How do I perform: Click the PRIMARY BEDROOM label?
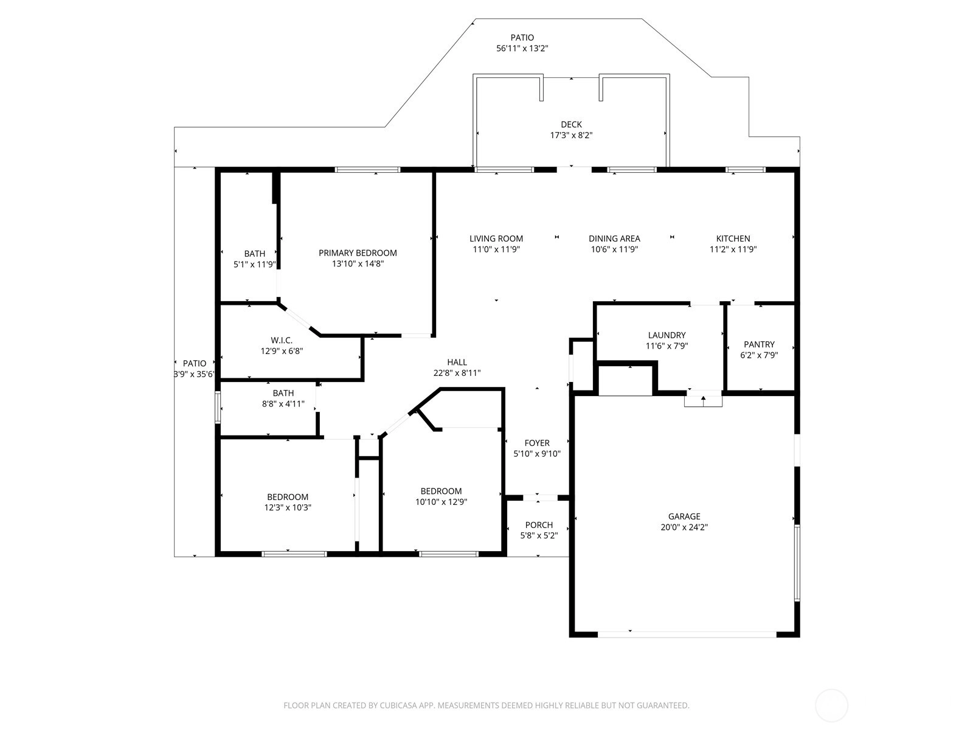358,253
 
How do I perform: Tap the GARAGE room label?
684,516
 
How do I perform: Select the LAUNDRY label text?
667,335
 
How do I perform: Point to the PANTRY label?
759,344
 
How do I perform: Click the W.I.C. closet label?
282,341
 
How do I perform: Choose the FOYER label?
537,443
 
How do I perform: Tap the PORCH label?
539,525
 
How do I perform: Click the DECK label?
571,125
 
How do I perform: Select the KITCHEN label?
733,238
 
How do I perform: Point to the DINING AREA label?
614,238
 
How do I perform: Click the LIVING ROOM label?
496,238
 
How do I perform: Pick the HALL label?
457,362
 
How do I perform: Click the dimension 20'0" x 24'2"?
684,527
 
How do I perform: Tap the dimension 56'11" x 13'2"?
522,48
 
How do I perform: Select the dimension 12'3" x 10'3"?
287,507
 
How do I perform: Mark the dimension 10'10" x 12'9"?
441,502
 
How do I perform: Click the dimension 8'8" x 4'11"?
283,404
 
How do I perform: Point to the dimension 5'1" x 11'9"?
254,264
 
